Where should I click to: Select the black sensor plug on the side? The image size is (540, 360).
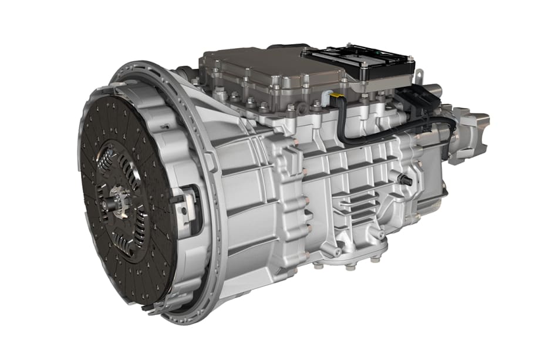(x=406, y=181)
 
